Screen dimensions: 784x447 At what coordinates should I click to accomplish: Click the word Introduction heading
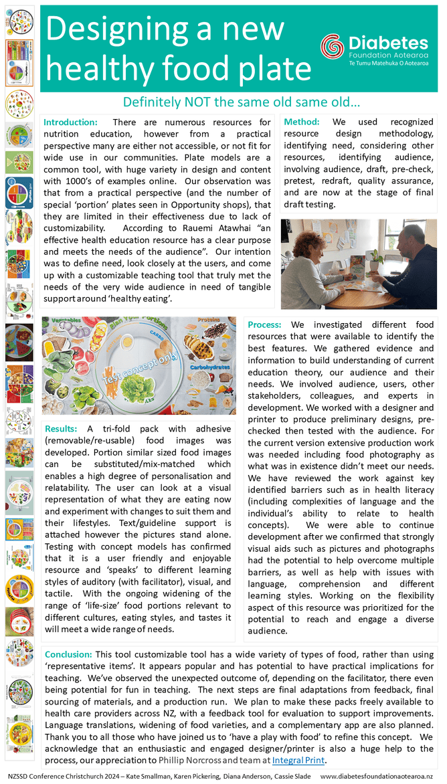point(70,122)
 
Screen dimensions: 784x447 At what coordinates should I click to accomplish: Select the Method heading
point(302,122)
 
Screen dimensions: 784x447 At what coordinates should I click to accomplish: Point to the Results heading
point(64,429)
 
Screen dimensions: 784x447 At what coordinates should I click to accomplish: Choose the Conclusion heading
point(69,654)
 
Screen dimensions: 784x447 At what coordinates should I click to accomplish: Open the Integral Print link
point(298,760)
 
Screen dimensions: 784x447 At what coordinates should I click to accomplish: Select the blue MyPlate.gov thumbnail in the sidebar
point(19,193)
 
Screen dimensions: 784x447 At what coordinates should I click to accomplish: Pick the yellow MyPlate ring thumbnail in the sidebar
point(19,588)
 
